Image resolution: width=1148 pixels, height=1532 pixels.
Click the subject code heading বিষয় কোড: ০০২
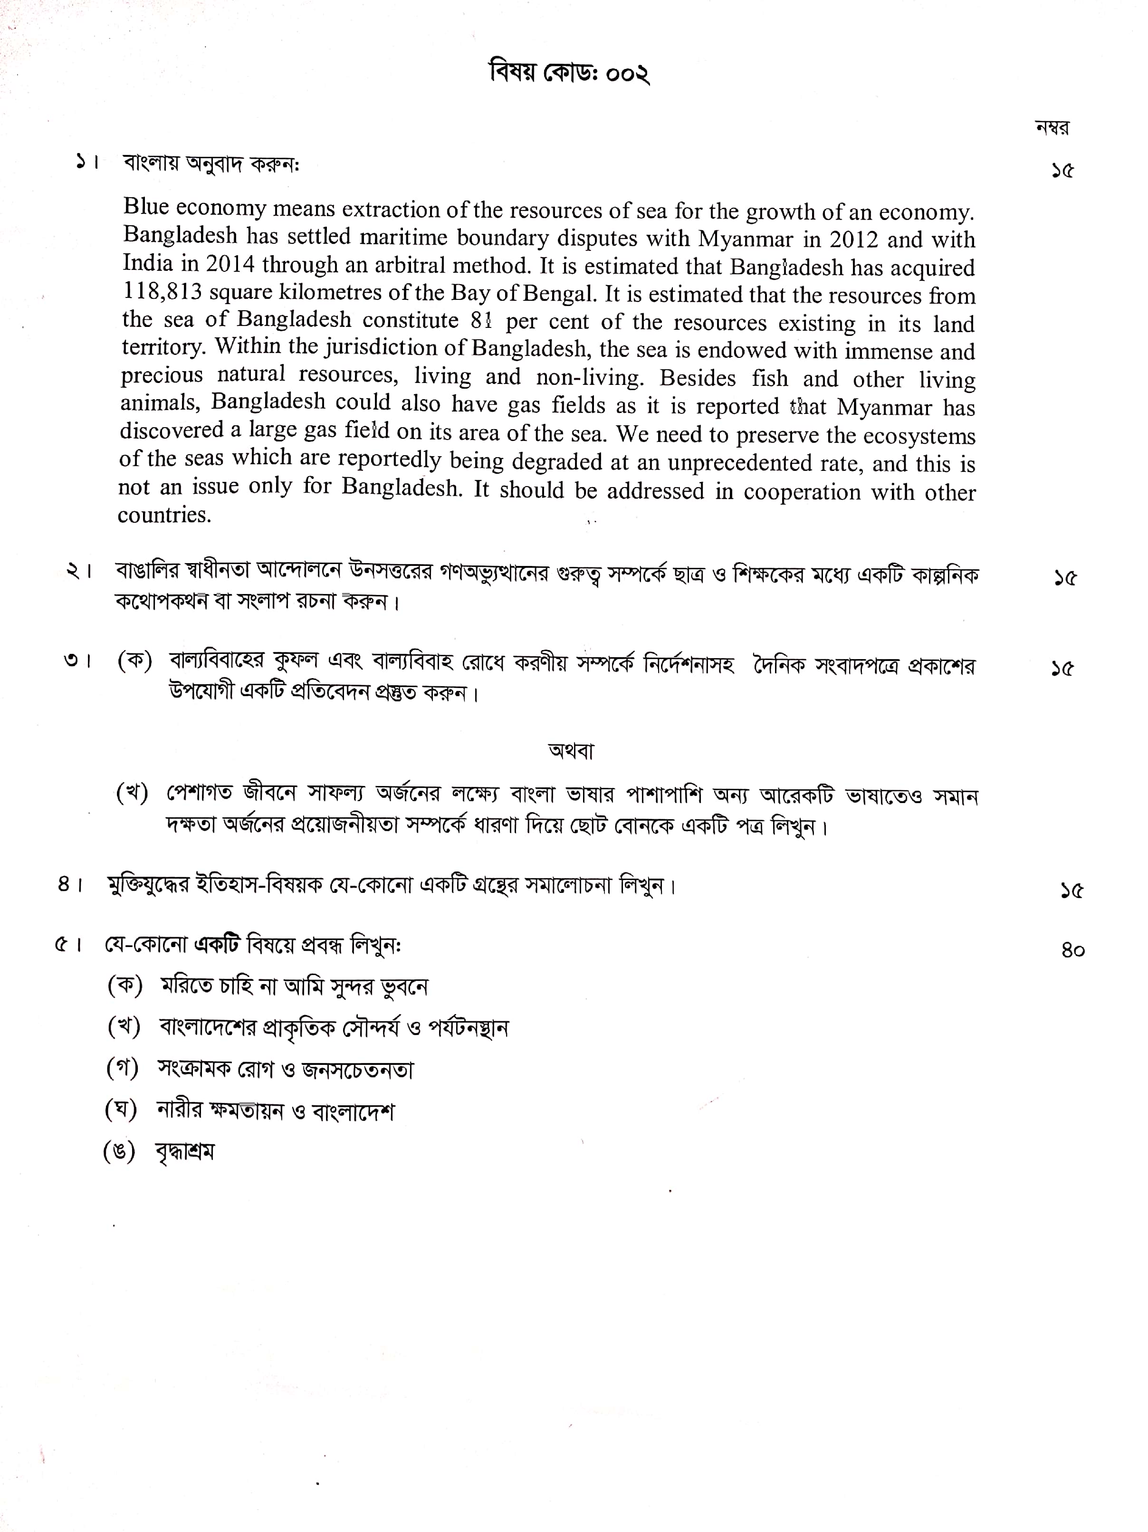(569, 73)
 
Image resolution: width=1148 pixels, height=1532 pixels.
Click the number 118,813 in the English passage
(162, 292)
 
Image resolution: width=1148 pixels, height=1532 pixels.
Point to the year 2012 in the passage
(854, 239)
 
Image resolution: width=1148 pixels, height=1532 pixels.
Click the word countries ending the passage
(164, 515)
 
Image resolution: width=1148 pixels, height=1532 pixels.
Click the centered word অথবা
(571, 751)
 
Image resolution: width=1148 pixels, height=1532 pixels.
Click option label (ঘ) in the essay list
(121, 1110)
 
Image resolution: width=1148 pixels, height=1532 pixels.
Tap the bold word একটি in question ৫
(217, 945)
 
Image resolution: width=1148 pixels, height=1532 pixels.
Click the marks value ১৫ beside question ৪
(1071, 890)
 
